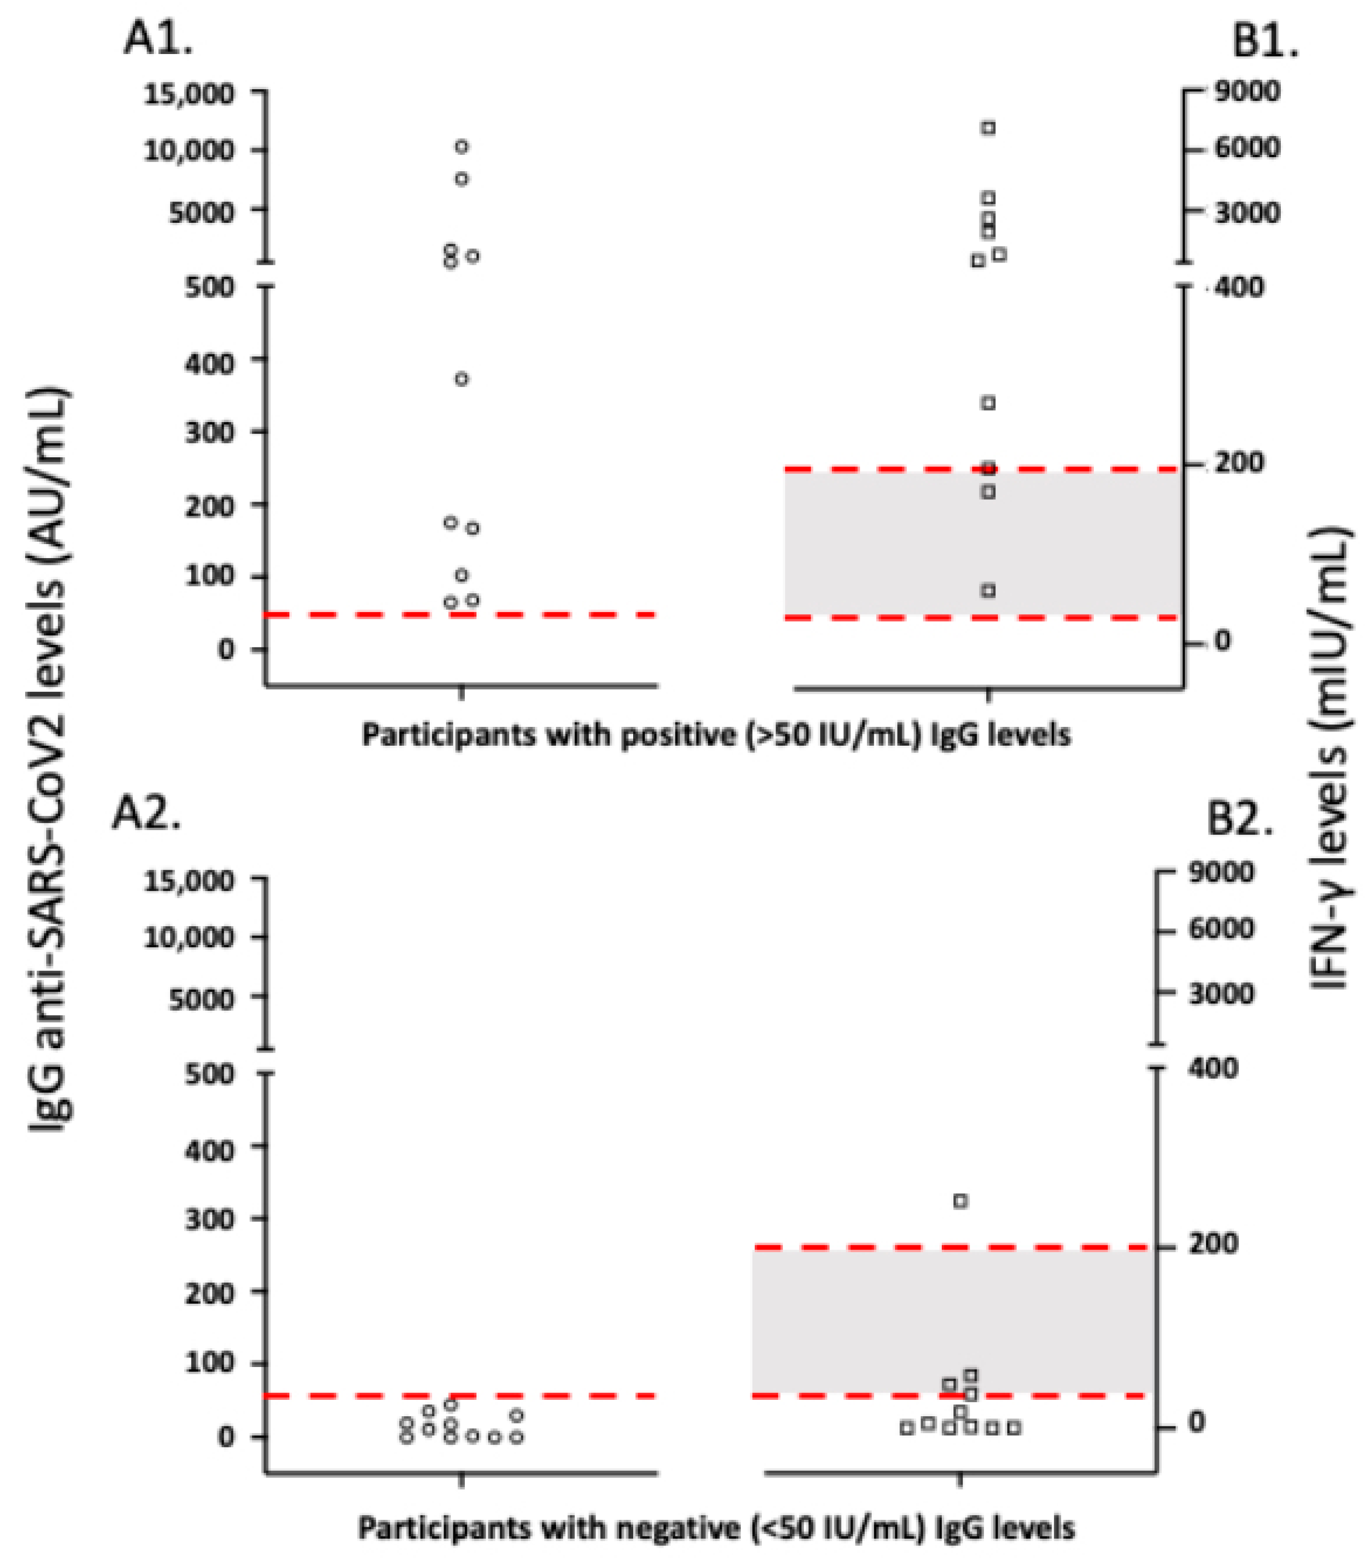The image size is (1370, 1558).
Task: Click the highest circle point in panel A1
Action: (x=461, y=146)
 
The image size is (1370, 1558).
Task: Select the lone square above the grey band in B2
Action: (x=961, y=1201)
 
